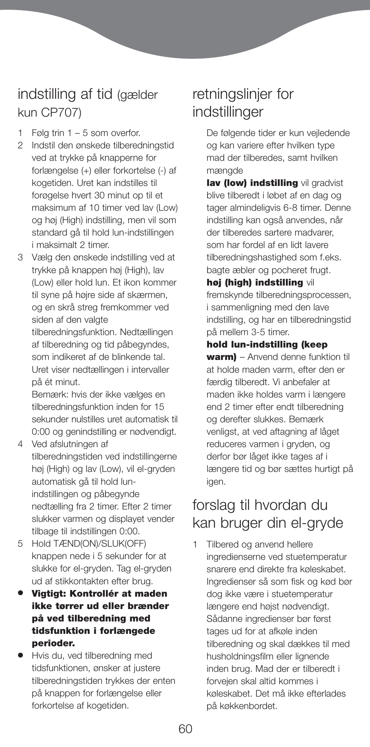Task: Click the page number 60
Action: point(185,729)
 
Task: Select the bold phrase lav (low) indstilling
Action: point(252,183)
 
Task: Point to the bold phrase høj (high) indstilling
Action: point(255,282)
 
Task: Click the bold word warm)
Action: point(221,357)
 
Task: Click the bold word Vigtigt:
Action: point(49,594)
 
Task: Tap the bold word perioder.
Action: point(53,643)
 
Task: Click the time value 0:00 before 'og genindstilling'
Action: point(40,432)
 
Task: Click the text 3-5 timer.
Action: point(270,332)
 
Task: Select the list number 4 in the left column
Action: point(21,444)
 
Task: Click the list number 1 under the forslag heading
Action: point(196,544)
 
